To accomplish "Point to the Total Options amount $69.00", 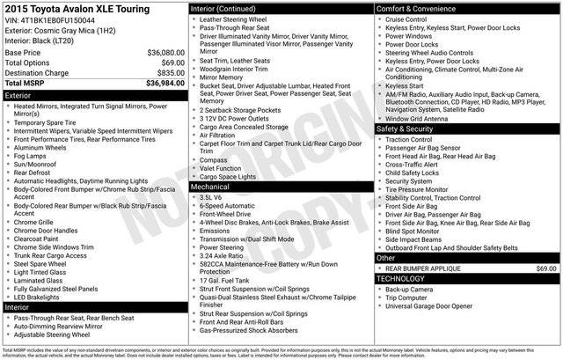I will [x=167, y=63].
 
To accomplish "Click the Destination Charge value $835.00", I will [x=165, y=74].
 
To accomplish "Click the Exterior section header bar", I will [x=93, y=95].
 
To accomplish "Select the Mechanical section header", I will [x=281, y=187].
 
